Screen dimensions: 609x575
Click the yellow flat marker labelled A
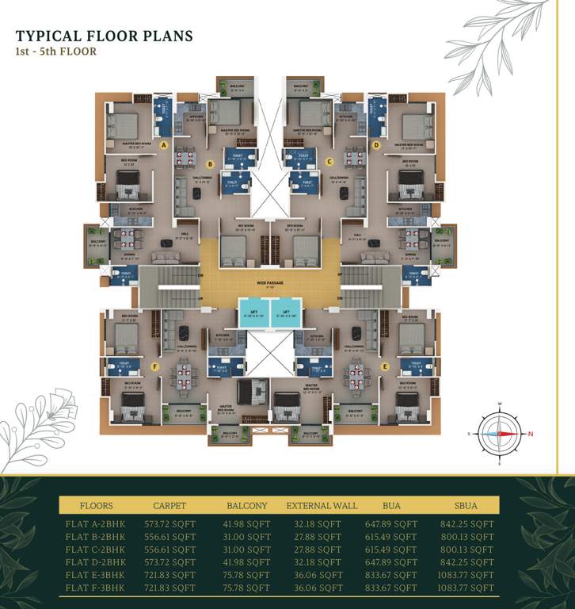click(163, 146)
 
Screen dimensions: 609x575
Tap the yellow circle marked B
click(210, 165)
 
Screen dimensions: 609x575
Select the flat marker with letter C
click(329, 162)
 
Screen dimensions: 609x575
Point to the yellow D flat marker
click(376, 146)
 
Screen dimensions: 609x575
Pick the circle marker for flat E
click(385, 366)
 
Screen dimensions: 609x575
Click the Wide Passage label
click(270, 282)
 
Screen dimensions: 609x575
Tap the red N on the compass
click(531, 433)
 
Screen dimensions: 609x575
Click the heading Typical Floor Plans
click(105, 36)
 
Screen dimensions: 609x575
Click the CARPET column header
click(170, 505)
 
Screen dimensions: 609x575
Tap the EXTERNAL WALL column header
click(322, 505)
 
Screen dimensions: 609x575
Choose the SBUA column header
click(467, 505)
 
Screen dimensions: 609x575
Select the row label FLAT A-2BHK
click(95, 524)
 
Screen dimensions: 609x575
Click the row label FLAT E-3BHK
click(95, 575)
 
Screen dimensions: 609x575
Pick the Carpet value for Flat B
click(170, 537)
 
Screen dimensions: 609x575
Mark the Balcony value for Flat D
click(248, 562)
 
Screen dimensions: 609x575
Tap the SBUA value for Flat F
click(467, 588)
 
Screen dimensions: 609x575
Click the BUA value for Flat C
click(389, 550)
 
